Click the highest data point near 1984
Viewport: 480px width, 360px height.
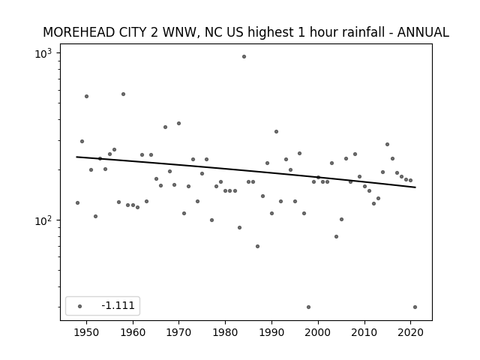point(244,57)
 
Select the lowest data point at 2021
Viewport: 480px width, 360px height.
point(415,307)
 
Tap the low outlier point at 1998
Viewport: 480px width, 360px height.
point(308,307)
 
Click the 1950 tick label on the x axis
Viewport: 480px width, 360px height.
point(87,332)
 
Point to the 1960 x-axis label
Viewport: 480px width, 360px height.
point(133,332)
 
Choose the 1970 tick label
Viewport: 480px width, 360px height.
point(179,332)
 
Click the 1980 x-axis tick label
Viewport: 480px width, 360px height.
point(225,332)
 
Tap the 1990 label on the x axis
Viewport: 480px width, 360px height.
point(271,332)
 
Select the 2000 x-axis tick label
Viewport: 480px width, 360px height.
point(318,332)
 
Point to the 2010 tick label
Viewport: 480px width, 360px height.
point(364,332)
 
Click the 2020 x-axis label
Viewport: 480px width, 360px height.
point(410,332)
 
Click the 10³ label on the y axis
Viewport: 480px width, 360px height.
point(43,53)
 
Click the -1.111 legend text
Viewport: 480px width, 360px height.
point(118,305)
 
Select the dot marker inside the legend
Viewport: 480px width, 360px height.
point(80,306)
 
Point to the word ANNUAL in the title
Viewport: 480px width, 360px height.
point(423,32)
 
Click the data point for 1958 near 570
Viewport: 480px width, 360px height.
point(123,94)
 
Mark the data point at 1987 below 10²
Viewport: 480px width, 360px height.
point(258,247)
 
